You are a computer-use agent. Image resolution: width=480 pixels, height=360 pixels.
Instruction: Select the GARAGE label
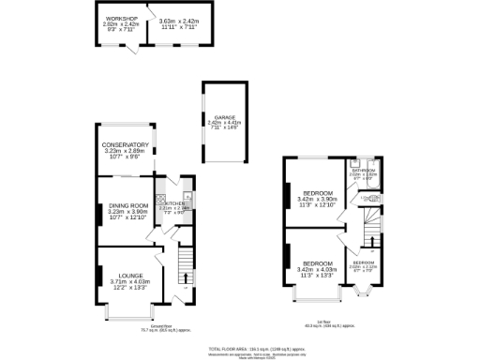tap(223, 117)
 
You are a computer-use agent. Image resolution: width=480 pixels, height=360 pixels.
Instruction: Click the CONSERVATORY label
tap(127, 145)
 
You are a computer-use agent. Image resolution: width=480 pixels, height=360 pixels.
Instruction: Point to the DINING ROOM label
tap(127, 205)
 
